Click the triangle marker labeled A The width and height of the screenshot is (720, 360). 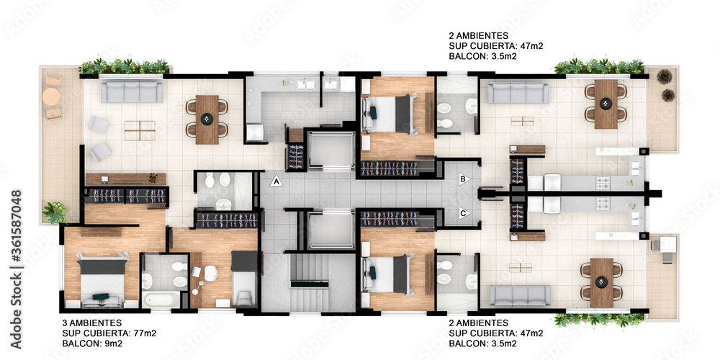coord(276,181)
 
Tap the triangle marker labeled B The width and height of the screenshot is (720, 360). coord(464,179)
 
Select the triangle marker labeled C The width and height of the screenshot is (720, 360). coord(464,213)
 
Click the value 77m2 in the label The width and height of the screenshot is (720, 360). coord(144,333)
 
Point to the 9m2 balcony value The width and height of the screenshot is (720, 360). coord(113,343)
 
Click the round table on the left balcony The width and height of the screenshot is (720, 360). coord(51,97)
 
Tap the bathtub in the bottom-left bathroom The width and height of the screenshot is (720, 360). coord(161,300)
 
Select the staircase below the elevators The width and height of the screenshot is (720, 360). coord(309,283)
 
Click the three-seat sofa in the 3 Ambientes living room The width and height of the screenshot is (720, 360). coord(132,91)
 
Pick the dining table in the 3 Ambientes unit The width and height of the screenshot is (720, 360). coord(207,120)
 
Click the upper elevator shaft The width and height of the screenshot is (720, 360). coord(330,150)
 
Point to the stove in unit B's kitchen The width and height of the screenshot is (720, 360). coord(602,184)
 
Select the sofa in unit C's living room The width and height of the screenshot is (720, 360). coord(520,296)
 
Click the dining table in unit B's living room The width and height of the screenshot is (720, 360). coord(606,104)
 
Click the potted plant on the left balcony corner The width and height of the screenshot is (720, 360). coord(55,212)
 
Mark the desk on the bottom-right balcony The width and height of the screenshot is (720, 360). coord(664,248)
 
